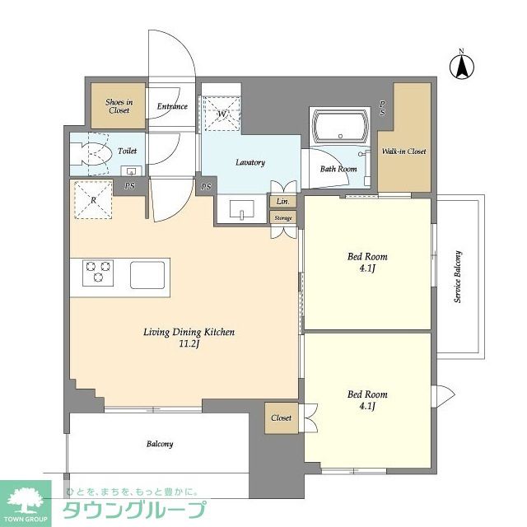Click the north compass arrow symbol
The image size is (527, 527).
click(x=462, y=66)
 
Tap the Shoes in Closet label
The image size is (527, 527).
click(x=119, y=106)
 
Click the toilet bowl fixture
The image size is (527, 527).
click(x=91, y=154)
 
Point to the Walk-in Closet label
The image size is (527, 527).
click(x=403, y=152)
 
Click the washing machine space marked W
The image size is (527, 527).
click(x=222, y=114)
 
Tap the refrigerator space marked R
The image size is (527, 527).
click(x=93, y=200)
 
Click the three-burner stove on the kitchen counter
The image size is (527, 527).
click(x=98, y=273)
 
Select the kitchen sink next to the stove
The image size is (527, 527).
click(x=147, y=275)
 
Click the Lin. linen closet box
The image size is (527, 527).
click(x=283, y=201)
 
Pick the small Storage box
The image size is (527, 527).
click(x=283, y=217)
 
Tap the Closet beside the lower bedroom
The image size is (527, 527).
click(x=282, y=417)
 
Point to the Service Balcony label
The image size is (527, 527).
click(x=458, y=277)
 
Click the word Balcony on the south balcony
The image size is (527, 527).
click(x=160, y=444)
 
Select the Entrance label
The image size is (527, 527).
click(x=172, y=106)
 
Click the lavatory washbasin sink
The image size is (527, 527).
click(x=242, y=210)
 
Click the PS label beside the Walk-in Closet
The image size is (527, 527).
click(x=382, y=108)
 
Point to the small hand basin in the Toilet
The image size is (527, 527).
click(x=131, y=170)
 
